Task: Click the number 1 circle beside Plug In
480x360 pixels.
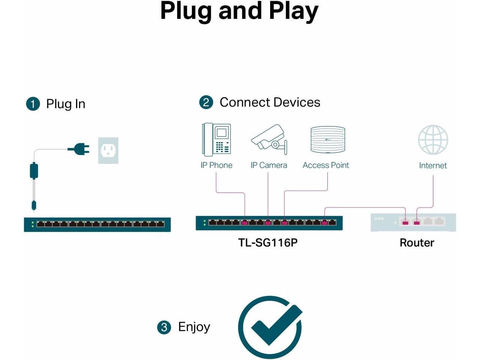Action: pyautogui.click(x=33, y=104)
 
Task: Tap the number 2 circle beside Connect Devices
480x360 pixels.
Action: pyautogui.click(x=206, y=102)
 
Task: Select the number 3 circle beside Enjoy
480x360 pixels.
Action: pyautogui.click(x=164, y=327)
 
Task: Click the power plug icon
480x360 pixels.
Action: pyautogui.click(x=79, y=149)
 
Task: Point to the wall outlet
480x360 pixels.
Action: pyautogui.click(x=108, y=150)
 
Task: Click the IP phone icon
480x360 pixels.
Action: pyautogui.click(x=216, y=139)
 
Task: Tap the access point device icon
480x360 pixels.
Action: pyautogui.click(x=328, y=139)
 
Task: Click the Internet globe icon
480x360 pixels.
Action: pyautogui.click(x=433, y=139)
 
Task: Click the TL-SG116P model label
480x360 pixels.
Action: pyautogui.click(x=268, y=243)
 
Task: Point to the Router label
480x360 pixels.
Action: pyautogui.click(x=417, y=243)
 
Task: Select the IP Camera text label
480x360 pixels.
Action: pyautogui.click(x=269, y=165)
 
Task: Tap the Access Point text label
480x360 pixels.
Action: pyautogui.click(x=325, y=165)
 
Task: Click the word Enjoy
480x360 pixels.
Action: pyautogui.click(x=194, y=327)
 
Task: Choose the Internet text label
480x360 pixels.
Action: pyautogui.click(x=433, y=166)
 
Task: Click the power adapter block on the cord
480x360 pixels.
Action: pyautogui.click(x=34, y=171)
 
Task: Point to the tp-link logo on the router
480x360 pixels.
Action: pyautogui.click(x=379, y=218)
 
